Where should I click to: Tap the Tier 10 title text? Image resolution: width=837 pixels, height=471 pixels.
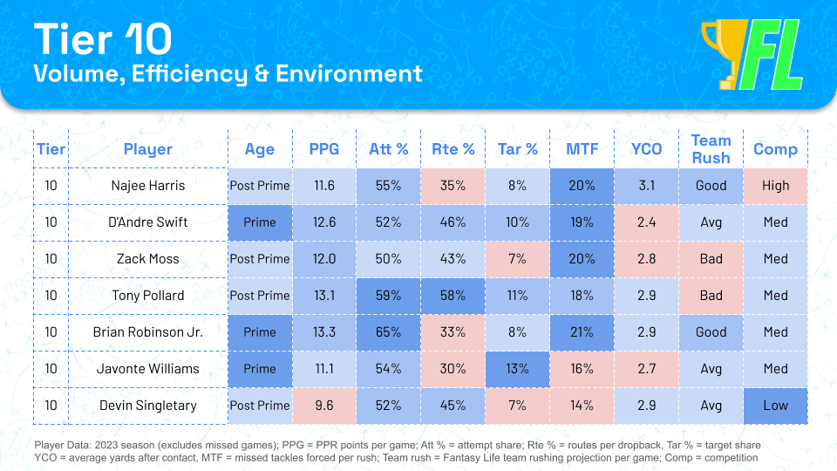click(x=103, y=39)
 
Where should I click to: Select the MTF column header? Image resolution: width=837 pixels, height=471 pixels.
click(x=582, y=149)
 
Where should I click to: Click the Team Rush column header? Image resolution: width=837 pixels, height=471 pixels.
click(x=711, y=149)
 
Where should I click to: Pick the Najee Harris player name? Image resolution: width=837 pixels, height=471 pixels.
click(x=148, y=185)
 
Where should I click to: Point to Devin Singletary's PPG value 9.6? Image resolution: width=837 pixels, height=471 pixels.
click(x=324, y=406)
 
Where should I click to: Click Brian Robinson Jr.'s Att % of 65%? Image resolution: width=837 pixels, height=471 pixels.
click(x=388, y=331)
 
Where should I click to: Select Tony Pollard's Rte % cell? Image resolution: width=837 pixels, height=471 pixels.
click(x=453, y=296)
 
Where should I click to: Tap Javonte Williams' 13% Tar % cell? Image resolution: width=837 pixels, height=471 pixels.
click(x=517, y=368)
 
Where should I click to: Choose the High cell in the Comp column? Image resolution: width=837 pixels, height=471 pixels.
click(x=775, y=185)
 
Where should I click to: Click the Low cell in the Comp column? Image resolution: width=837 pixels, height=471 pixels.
click(x=775, y=406)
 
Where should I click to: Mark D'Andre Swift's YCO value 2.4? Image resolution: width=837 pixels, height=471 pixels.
click(x=646, y=222)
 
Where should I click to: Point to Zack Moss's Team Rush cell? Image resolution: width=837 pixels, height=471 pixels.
click(x=711, y=259)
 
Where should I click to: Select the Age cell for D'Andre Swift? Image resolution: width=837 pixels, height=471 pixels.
click(x=260, y=222)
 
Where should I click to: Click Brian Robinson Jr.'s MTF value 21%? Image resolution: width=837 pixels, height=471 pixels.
click(x=582, y=331)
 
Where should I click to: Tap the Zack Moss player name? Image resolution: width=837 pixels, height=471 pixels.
click(x=148, y=259)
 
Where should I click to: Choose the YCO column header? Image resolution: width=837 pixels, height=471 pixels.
click(x=646, y=149)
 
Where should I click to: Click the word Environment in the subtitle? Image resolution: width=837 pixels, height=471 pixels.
click(x=349, y=73)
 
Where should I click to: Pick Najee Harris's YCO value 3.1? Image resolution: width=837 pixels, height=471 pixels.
click(x=646, y=185)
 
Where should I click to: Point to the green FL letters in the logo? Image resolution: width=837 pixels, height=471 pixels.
click(x=772, y=54)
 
